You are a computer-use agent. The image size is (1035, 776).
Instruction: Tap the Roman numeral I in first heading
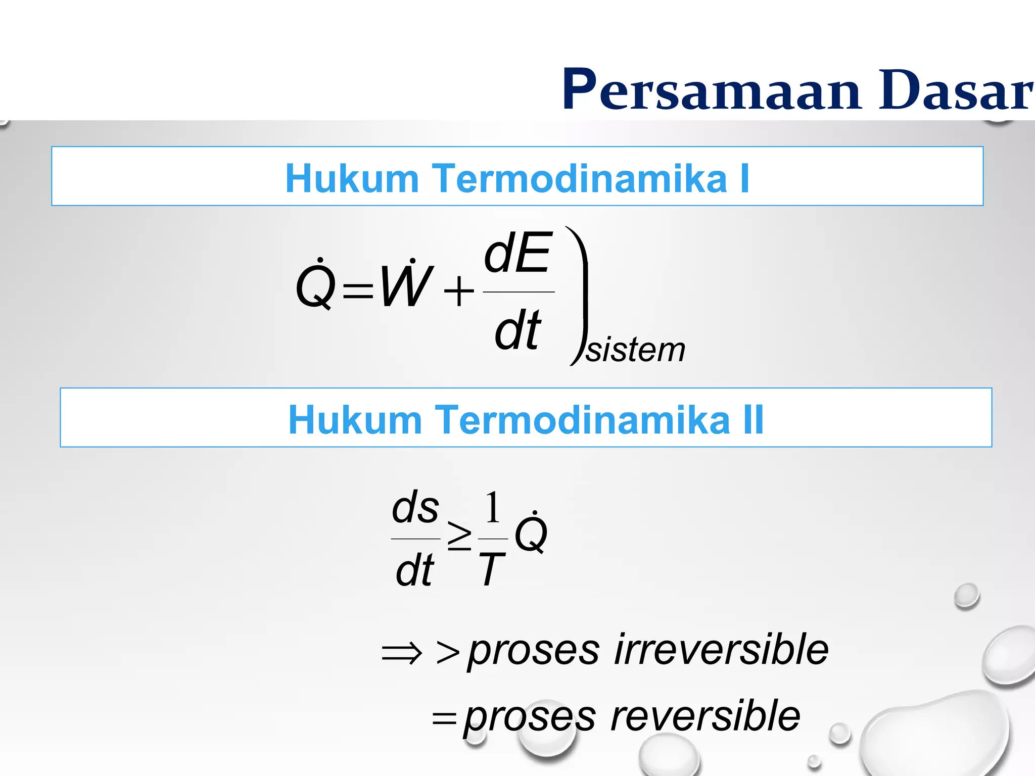[x=744, y=178]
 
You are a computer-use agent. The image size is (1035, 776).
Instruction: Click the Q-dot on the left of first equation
[x=316, y=285]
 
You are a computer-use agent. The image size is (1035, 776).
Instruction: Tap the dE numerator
[x=517, y=253]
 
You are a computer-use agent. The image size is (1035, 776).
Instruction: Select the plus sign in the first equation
[x=459, y=292]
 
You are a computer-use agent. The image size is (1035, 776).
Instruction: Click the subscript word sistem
[x=635, y=350]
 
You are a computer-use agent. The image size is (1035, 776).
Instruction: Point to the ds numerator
[x=415, y=508]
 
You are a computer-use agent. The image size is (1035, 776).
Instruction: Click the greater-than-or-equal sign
[x=459, y=537]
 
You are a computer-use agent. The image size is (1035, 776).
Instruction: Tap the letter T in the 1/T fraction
[x=491, y=569]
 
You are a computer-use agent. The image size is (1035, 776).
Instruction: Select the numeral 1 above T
[x=493, y=508]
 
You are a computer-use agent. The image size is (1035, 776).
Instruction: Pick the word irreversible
[x=721, y=650]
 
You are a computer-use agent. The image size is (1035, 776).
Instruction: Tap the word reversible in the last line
[x=705, y=716]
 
